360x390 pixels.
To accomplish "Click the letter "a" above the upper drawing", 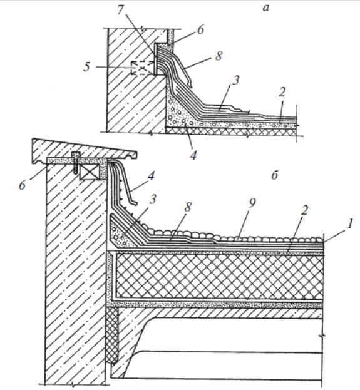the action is [265, 8].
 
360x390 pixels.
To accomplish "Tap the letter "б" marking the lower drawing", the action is [274, 175].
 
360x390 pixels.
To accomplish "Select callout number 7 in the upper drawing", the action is [120, 11].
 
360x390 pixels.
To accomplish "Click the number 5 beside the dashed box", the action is [86, 67].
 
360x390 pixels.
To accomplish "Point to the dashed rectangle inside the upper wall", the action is [142, 68].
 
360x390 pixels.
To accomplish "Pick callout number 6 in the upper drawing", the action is [200, 29].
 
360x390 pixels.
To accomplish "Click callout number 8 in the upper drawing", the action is [219, 56].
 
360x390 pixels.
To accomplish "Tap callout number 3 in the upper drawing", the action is [235, 80].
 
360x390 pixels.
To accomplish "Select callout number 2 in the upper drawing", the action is [282, 92].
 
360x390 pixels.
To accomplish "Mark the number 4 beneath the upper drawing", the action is [193, 155].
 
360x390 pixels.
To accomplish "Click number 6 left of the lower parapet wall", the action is [22, 185].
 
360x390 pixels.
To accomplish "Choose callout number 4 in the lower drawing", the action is [151, 176].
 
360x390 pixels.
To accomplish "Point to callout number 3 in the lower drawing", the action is [153, 199].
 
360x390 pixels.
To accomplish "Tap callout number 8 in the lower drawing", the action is [188, 207].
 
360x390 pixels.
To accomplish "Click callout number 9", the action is [252, 203].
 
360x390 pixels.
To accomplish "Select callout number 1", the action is [350, 223].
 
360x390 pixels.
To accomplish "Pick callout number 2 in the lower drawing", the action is [304, 210].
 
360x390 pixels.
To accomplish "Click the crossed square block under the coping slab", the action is [90, 172].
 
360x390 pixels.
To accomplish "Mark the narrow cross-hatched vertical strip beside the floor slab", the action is [112, 334].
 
